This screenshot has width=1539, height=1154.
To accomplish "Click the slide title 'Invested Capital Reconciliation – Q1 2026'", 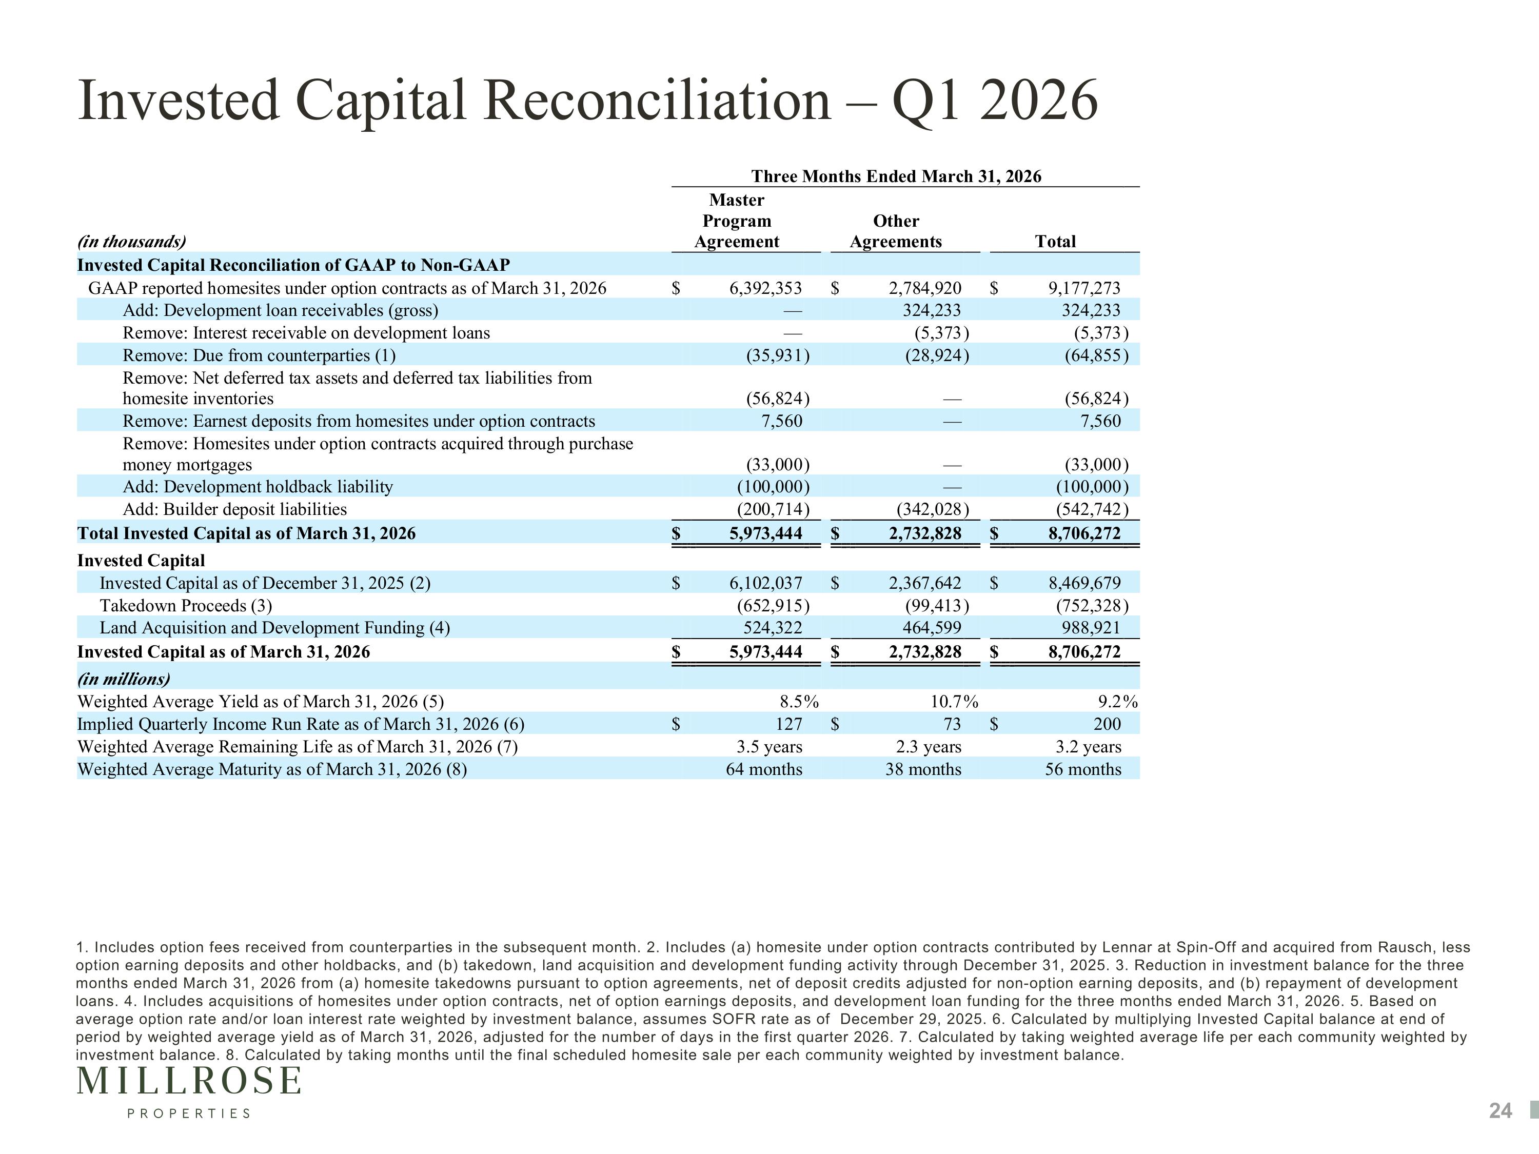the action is tap(588, 101).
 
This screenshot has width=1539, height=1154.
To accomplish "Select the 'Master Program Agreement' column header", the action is tap(737, 221).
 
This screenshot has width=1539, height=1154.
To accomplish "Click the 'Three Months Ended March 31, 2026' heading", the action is tap(896, 176).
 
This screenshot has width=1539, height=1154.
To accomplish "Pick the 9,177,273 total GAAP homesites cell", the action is tap(1084, 288).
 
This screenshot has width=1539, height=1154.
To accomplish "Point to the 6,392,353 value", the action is tap(765, 288).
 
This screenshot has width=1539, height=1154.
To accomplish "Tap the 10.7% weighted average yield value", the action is tap(955, 702).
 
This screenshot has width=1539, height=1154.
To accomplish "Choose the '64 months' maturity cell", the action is tap(764, 769).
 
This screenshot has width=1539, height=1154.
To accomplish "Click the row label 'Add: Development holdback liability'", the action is tap(258, 487).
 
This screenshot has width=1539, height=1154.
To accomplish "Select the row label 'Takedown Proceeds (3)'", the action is tap(186, 606).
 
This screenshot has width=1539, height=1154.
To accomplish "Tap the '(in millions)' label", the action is tap(124, 679).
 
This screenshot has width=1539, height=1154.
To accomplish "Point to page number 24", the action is tap(1501, 1111).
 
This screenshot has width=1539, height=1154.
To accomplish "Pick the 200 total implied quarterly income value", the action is tap(1107, 724).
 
